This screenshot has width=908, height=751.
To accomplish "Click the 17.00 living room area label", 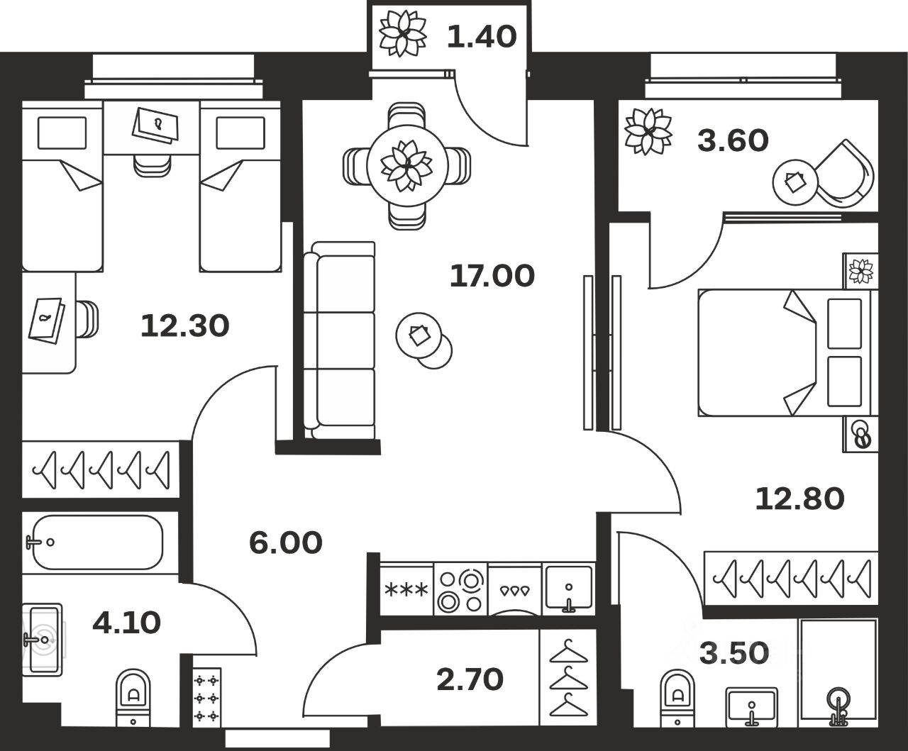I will (492, 276).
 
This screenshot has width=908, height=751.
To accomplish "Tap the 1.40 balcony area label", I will (482, 36).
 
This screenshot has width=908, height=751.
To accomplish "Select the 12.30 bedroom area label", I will (184, 326).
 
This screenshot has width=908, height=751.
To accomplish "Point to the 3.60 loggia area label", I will (733, 140).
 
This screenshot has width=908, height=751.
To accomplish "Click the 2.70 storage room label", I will (470, 679).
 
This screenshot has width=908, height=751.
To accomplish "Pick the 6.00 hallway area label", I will (285, 543).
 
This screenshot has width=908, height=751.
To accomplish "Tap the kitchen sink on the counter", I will (568, 589).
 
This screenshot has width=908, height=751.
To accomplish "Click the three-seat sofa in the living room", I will (340, 340).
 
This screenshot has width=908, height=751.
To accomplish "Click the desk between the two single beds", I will (152, 128).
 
